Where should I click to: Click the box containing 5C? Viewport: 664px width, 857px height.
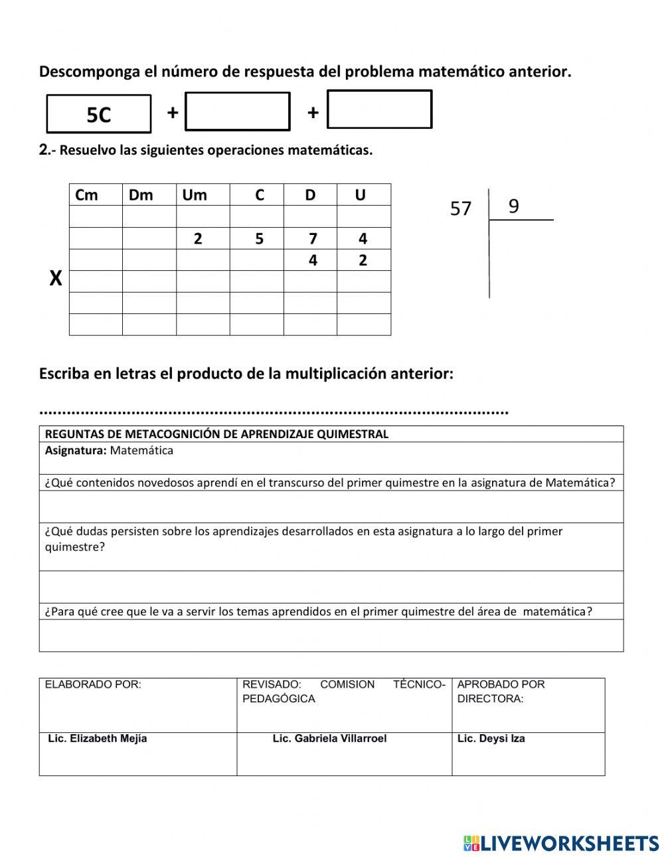pos(99,114)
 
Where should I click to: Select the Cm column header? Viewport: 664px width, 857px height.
pos(86,195)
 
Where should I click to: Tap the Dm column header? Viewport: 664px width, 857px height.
pos(141,195)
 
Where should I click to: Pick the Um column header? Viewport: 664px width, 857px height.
pos(195,195)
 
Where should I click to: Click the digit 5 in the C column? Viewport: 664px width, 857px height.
pos(259,238)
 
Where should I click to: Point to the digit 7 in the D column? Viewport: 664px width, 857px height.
pos(313,238)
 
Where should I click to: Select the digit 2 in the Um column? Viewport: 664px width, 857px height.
pos(198,238)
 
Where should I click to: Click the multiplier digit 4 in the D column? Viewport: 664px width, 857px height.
pos(313,260)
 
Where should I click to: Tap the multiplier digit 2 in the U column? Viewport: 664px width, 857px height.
pos(363,260)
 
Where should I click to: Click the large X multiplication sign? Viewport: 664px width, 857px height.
pos(56,279)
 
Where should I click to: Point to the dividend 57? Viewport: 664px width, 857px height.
pos(461,208)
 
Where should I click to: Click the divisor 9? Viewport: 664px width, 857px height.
pos(513,206)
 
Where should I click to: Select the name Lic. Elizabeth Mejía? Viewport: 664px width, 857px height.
pos(98,738)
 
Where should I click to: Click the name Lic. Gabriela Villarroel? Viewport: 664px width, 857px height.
pos(329,738)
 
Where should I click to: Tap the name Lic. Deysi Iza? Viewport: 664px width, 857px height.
pos(491,738)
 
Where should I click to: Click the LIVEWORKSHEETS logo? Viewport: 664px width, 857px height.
pos(560,843)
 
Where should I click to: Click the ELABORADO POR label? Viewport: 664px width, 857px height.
pos(93,684)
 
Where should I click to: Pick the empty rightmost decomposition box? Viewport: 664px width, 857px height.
pos(380,110)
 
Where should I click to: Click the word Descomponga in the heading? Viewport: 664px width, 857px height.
pos(89,72)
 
